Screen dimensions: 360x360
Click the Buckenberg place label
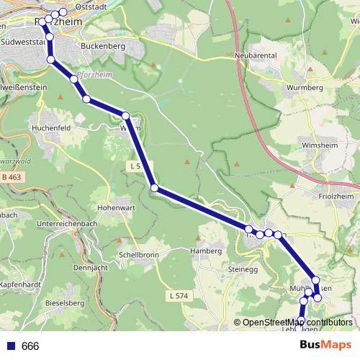point(104,46)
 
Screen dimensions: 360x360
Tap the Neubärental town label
point(256,55)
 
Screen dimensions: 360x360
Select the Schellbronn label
point(139,255)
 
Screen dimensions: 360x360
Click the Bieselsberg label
point(63,303)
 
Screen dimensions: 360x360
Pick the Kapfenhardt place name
point(21,286)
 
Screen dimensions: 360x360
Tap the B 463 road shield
point(12,176)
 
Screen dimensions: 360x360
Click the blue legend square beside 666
point(9,346)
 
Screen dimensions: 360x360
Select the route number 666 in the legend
point(30,346)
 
